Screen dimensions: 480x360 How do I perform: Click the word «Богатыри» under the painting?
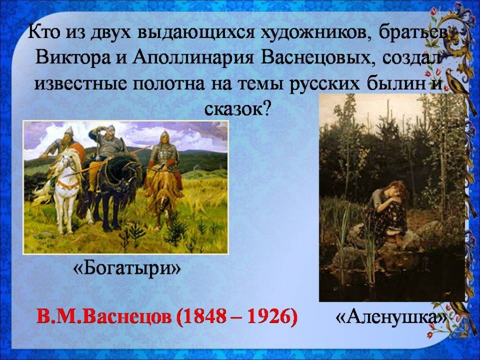click(x=127, y=268)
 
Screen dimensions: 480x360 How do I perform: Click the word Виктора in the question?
click(x=72, y=57)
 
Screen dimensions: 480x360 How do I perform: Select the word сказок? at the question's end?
click(x=238, y=109)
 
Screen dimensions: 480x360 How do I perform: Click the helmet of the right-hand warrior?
click(x=165, y=135)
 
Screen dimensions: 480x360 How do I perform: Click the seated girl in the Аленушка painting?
click(x=389, y=211)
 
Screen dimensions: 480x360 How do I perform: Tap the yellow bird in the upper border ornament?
click(x=457, y=81)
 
